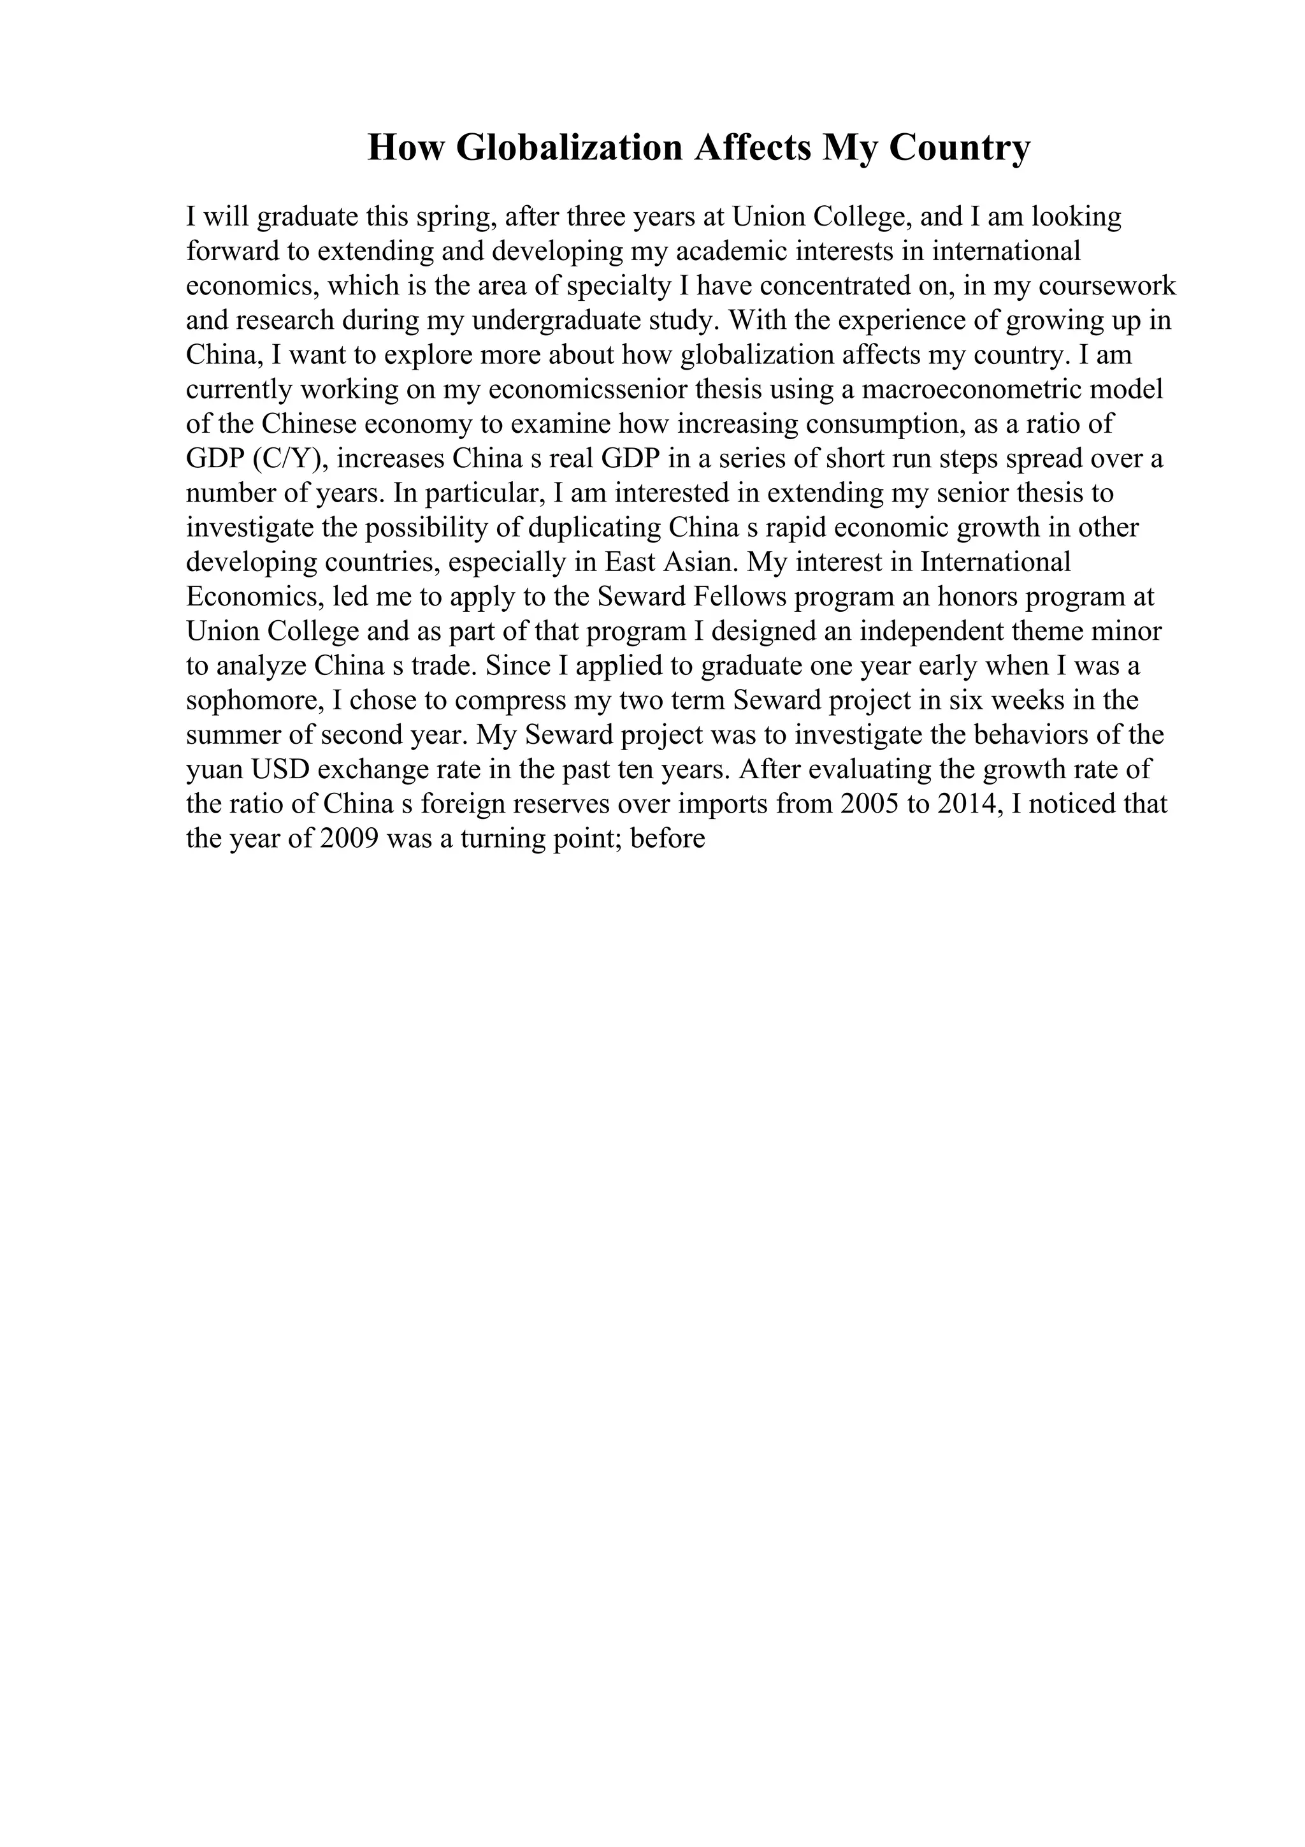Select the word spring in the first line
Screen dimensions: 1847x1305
click(x=452, y=217)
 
